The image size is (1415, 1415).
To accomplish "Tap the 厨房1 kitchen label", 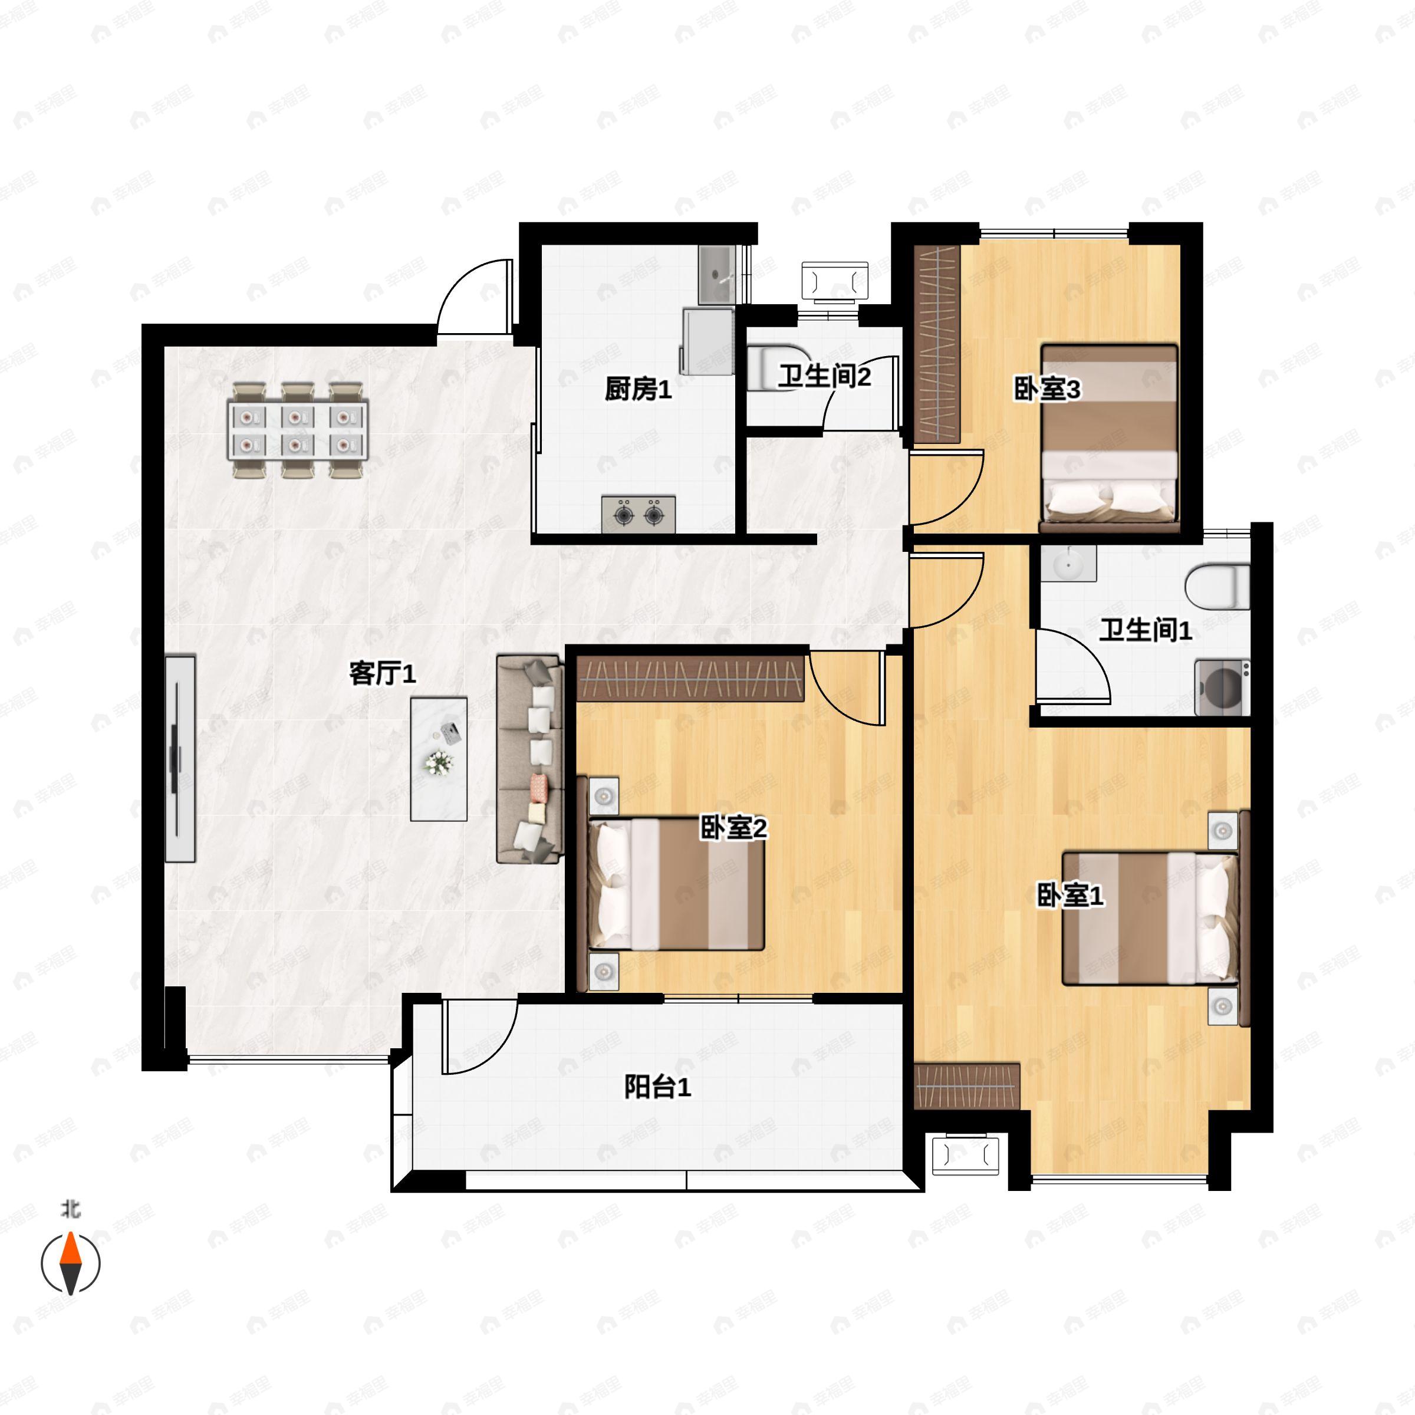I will pos(638,390).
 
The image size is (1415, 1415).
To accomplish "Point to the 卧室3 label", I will pos(1047,390).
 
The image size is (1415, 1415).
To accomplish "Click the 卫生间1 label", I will pos(1145,630).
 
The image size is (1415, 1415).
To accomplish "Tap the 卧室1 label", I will pos(1070,895).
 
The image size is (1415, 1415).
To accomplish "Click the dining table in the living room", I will pos(298,430).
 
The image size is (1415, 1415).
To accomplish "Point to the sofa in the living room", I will pos(530,758).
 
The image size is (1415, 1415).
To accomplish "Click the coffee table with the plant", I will pos(439,758).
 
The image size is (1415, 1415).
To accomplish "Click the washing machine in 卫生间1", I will pos(1222,687).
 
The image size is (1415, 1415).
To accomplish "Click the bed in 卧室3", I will pos(1109,437).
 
